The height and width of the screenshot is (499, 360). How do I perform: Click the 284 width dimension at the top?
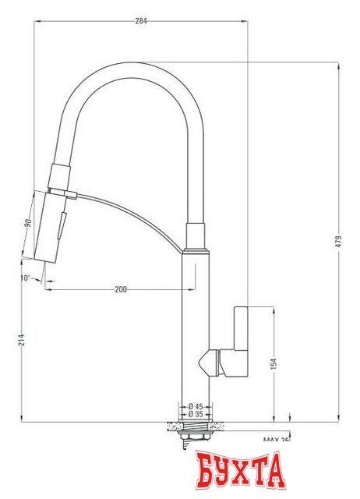coord(141,21)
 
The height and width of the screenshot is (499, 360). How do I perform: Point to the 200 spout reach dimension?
coord(121,290)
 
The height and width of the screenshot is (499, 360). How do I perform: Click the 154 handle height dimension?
coord(273,363)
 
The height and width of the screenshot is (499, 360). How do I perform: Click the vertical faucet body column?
coord(196,327)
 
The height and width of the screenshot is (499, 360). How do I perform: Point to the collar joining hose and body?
coord(196,234)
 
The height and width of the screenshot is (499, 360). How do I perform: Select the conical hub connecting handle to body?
coord(209,362)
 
